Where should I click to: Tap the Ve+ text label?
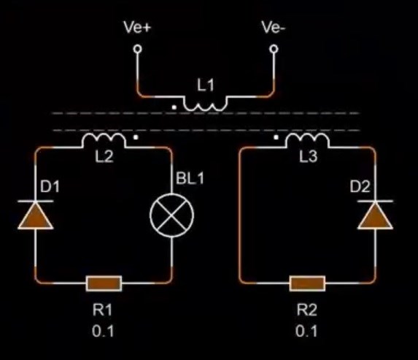pos(137,27)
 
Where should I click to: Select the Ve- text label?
pos(274,27)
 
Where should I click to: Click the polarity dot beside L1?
pos(174,107)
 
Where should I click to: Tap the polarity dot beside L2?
pos(136,137)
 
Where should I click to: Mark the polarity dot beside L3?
pos(276,137)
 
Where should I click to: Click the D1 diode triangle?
pos(36,216)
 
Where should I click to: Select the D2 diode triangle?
pos(375,216)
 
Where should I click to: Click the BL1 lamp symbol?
pos(172,215)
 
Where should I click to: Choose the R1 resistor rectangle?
pos(104,283)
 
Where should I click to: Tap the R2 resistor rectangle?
pos(307,283)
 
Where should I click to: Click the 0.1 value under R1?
pos(103,332)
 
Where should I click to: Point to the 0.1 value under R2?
pos(306,332)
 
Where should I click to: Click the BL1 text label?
pos(190,178)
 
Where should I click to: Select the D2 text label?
pos(360,186)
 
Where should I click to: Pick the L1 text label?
pos(205,85)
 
